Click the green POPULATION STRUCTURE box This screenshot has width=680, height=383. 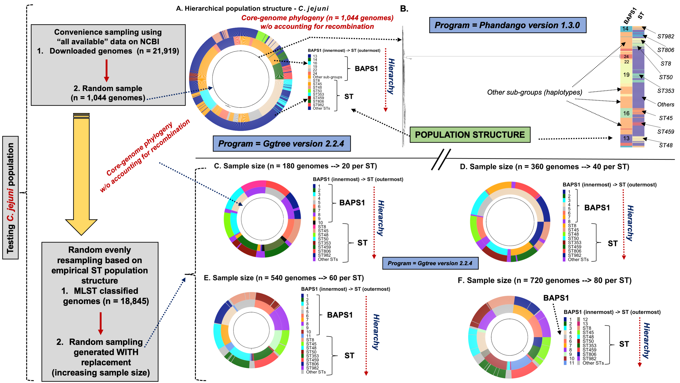(x=470, y=135)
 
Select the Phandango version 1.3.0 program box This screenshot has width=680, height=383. (x=507, y=25)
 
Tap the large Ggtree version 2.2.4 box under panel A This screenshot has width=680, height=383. (x=281, y=143)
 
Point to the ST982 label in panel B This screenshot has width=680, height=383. (x=665, y=37)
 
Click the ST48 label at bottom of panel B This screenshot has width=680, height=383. (x=665, y=145)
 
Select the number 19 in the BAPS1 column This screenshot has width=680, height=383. (x=626, y=75)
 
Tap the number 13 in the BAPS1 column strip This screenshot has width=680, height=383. (x=626, y=138)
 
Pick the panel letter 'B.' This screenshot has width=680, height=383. (x=404, y=9)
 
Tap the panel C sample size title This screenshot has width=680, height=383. (x=295, y=166)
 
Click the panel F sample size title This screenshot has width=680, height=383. (x=544, y=280)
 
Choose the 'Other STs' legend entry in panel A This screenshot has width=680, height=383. (x=321, y=108)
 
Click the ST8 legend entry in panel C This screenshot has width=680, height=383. (x=322, y=227)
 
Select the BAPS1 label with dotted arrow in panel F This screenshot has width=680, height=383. (x=556, y=298)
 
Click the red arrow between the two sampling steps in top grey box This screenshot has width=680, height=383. (x=106, y=70)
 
